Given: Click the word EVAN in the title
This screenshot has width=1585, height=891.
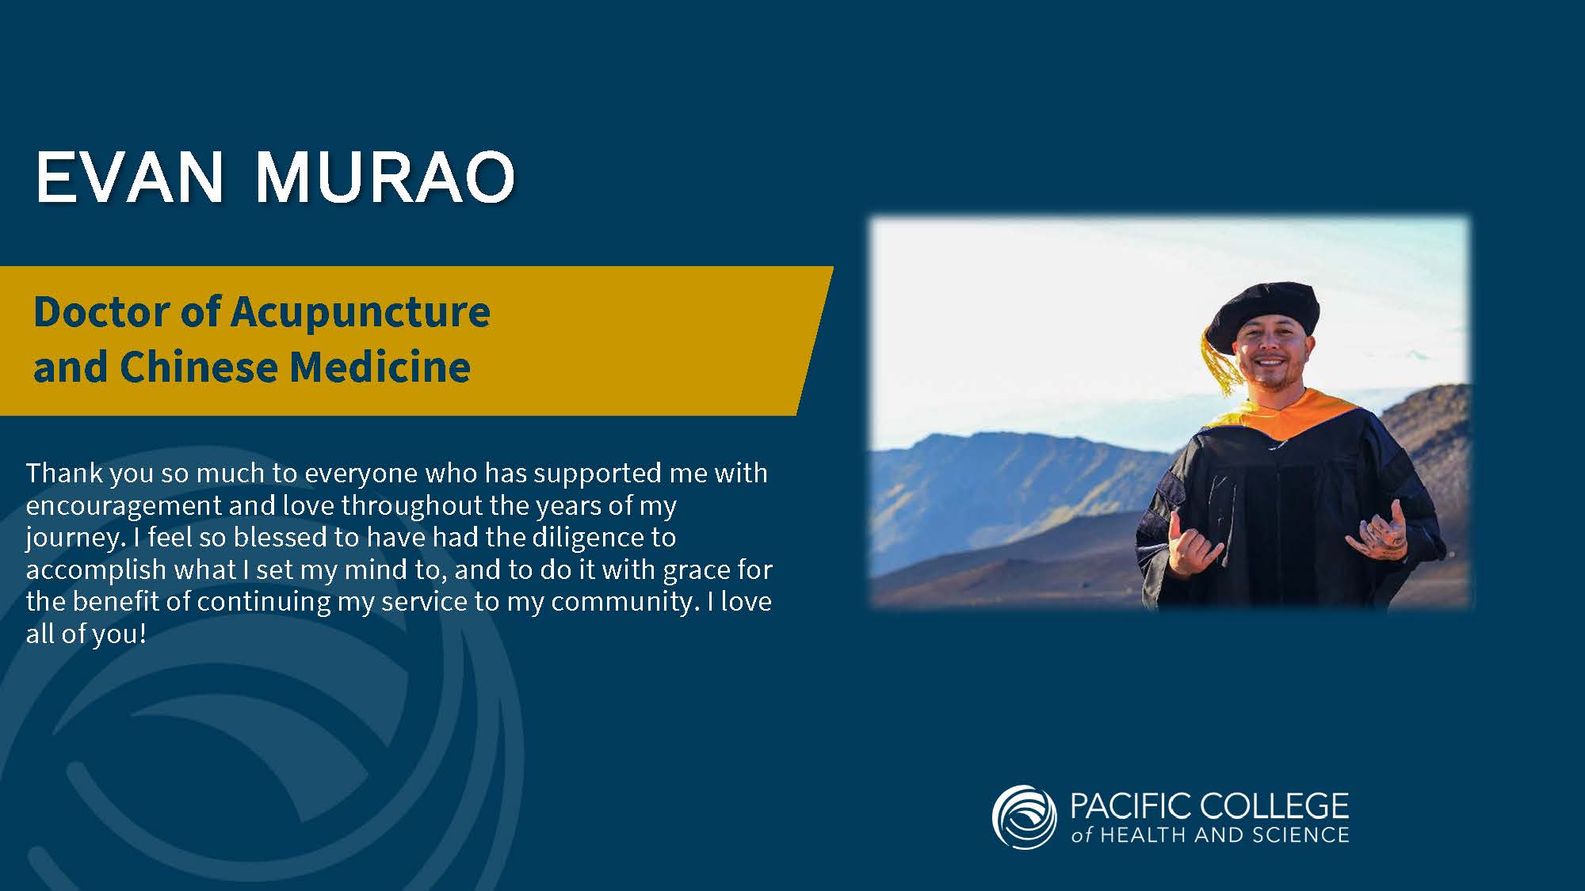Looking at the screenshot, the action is [130, 177].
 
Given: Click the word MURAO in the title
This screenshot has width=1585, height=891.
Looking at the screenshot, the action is [385, 177].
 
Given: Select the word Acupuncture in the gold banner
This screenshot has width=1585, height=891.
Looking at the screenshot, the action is [361, 312].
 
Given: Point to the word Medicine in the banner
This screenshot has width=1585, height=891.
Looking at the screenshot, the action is [380, 367].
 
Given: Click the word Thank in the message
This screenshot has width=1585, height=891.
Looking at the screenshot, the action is [65, 473].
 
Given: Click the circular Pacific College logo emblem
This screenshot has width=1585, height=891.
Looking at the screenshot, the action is [1024, 817].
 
